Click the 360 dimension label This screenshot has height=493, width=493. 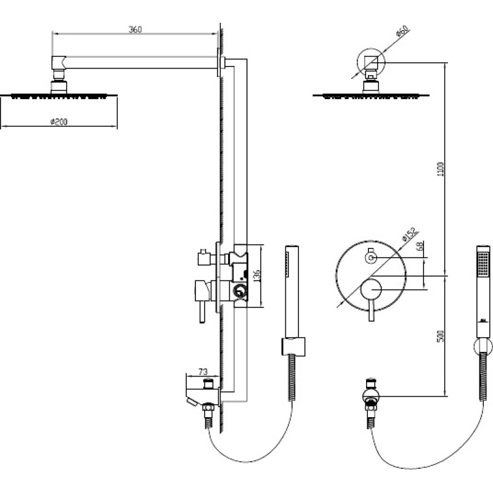tap(135, 30)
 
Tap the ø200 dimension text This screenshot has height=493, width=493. tap(59, 121)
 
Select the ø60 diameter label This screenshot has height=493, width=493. tap(402, 31)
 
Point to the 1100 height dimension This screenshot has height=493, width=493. tap(441, 169)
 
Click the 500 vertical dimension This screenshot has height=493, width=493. tap(441, 336)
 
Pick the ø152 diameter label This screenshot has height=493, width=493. tap(410, 234)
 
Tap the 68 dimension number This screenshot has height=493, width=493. tap(420, 246)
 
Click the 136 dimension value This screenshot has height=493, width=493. tap(256, 275)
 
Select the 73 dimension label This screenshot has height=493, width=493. tap(203, 372)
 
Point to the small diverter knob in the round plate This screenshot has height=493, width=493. tap(371, 258)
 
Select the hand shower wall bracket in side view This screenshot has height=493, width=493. tap(293, 347)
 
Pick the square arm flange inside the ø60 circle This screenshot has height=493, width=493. tap(371, 63)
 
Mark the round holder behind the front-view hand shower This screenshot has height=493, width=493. tap(483, 346)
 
